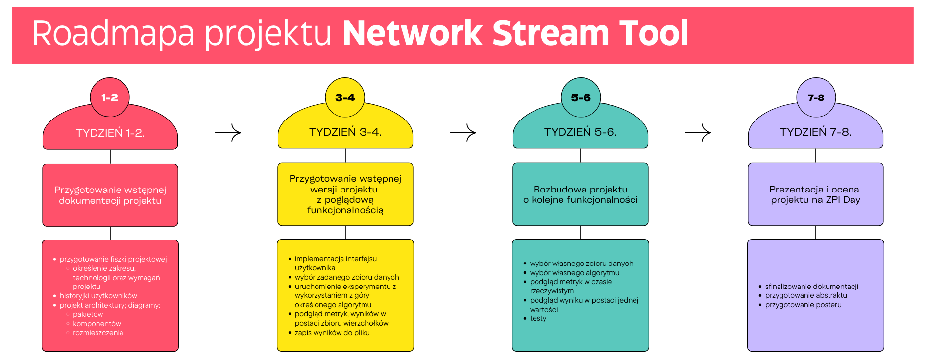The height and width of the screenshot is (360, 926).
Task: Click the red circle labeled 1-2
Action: [x=110, y=97]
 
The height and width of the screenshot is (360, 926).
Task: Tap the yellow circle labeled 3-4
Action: [x=345, y=97]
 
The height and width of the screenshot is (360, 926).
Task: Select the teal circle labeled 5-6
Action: [x=581, y=97]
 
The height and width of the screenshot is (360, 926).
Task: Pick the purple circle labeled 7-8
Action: [x=816, y=97]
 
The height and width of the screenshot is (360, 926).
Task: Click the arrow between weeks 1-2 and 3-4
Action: [x=228, y=132]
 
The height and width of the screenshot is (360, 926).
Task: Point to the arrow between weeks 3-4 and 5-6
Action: [x=463, y=132]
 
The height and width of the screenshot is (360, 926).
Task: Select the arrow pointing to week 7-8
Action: [x=698, y=132]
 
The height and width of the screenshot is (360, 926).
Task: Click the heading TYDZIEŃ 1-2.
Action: [x=110, y=133]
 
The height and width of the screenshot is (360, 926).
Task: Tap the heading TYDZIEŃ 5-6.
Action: [x=581, y=132]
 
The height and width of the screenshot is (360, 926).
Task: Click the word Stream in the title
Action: [x=550, y=33]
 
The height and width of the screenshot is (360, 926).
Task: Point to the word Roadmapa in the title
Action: [x=113, y=33]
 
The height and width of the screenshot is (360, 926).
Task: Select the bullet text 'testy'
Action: [x=538, y=318]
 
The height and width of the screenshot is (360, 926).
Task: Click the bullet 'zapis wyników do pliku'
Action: [x=332, y=333]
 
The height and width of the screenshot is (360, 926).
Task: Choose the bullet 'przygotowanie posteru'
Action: [x=803, y=305]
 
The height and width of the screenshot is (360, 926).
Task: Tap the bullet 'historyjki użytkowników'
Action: [x=98, y=296]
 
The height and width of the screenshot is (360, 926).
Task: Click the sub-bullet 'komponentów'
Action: [x=97, y=324]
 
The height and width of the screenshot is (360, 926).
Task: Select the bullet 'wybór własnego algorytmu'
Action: [x=574, y=273]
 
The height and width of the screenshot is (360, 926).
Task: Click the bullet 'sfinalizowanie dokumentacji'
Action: [x=811, y=287]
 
